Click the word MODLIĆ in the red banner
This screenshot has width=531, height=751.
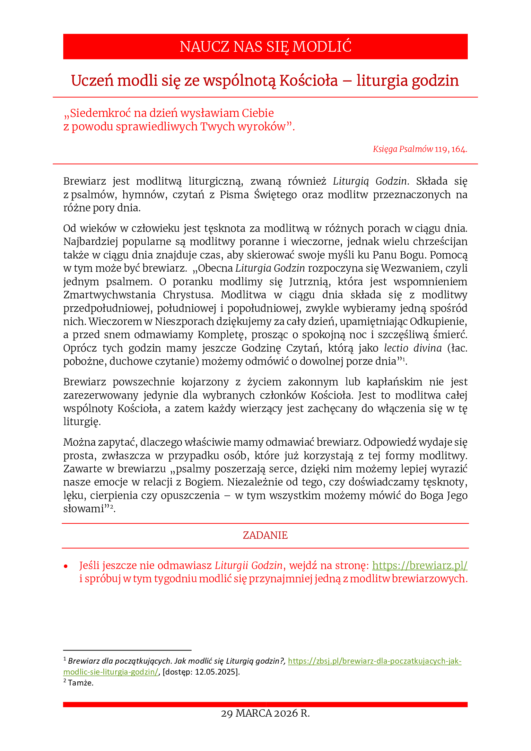[x=322, y=47]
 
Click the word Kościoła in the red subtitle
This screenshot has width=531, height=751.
[x=308, y=81]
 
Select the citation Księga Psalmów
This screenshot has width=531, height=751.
[x=403, y=149]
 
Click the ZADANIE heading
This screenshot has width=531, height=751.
[x=265, y=535]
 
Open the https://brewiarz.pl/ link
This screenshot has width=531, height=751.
[x=420, y=565]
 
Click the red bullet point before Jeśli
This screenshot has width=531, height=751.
[x=66, y=566]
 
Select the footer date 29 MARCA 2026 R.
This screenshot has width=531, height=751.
[x=265, y=713]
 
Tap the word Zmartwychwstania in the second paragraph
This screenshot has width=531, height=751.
[x=109, y=295]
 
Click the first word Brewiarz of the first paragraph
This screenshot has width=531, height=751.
[x=85, y=181]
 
